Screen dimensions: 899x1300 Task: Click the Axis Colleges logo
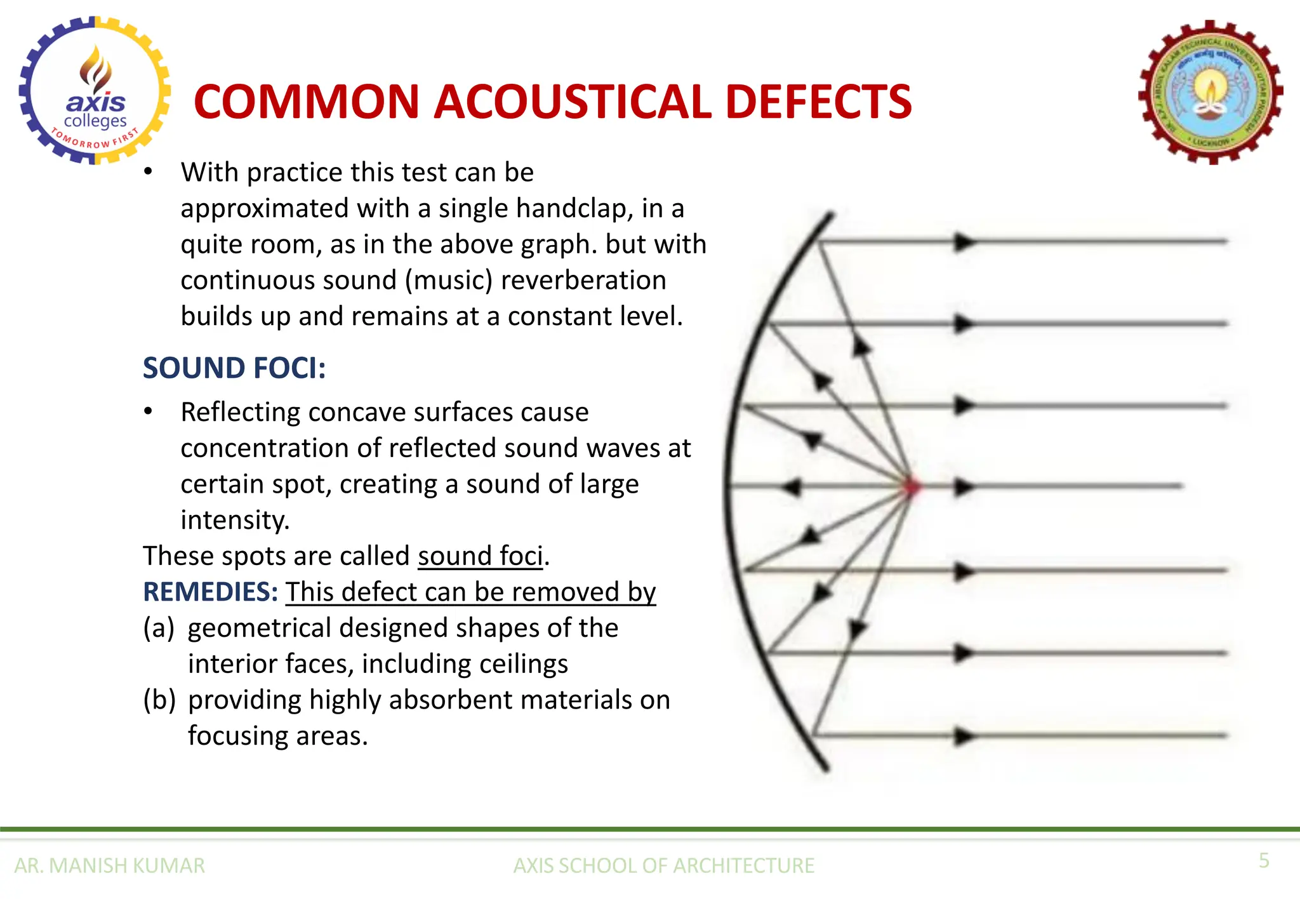(x=95, y=90)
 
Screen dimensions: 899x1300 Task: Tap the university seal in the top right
(x=1211, y=93)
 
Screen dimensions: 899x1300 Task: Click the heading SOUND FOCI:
(x=234, y=368)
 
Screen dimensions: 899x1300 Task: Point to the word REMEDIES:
(x=210, y=592)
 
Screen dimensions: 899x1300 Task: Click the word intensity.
(x=234, y=520)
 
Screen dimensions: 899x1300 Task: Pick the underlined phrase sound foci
(x=481, y=556)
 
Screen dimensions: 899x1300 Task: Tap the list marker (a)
(x=159, y=628)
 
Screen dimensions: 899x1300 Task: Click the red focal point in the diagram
(x=912, y=487)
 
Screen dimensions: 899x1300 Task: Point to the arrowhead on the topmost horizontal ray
(x=964, y=242)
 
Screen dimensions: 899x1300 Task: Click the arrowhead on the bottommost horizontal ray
(x=964, y=736)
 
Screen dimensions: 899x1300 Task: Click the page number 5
(x=1264, y=860)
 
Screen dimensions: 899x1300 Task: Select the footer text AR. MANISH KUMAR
(x=109, y=865)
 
